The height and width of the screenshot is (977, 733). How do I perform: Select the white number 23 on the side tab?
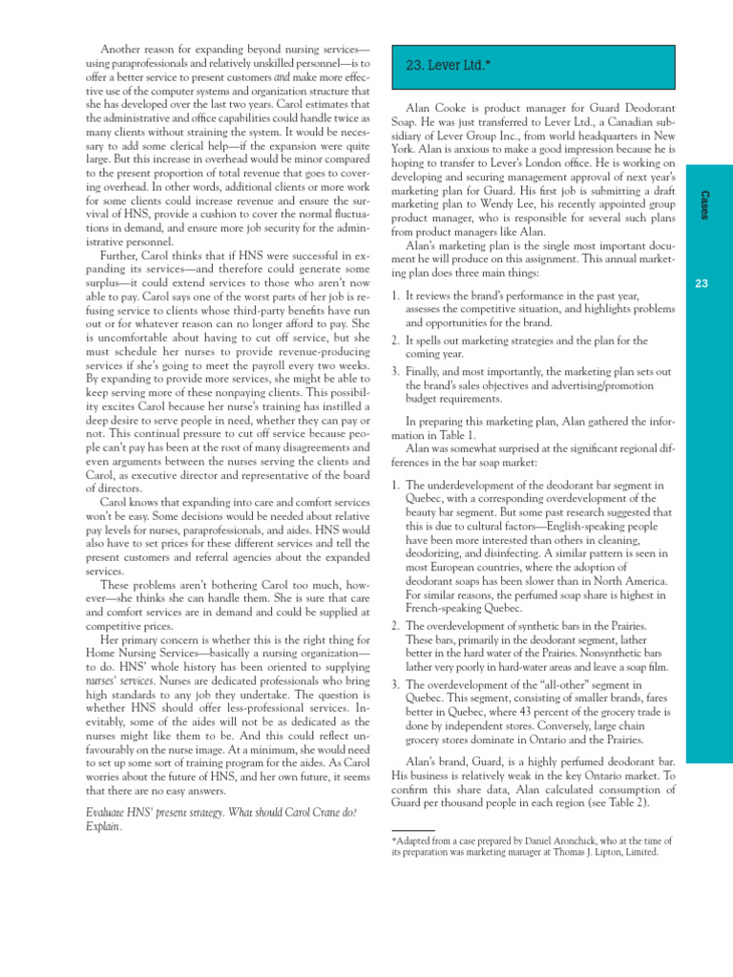coord(702,282)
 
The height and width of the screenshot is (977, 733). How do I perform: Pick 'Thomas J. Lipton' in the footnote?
coord(589,852)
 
